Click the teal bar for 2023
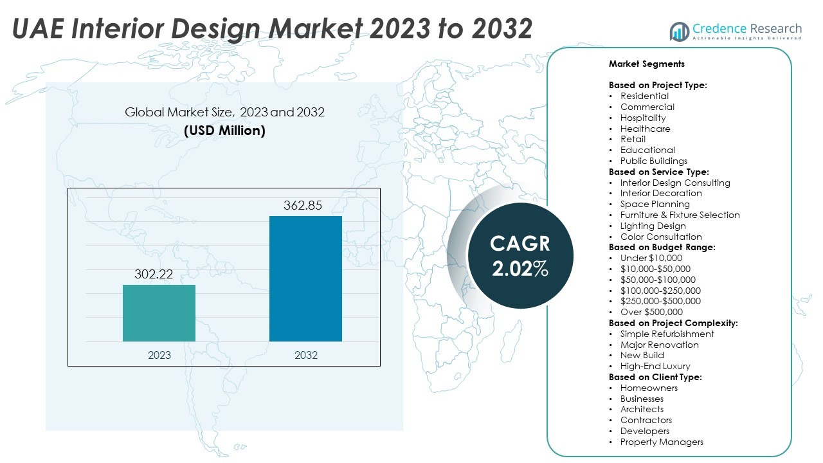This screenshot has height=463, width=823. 159,313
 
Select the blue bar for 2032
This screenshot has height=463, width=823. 305,278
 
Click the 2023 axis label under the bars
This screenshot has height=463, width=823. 159,355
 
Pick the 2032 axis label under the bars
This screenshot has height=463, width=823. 305,355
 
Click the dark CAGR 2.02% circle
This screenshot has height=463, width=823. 520,255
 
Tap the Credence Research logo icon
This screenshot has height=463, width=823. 680,30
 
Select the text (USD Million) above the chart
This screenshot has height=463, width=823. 224,131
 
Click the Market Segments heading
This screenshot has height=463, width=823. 646,64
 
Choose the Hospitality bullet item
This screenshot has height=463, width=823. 643,118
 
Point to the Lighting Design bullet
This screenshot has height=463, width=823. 653,226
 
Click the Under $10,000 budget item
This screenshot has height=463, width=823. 651,258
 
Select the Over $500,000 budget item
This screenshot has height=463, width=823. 651,312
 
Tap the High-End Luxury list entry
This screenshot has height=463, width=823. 655,366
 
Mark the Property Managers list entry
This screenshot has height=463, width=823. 662,442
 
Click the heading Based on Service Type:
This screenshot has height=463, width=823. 658,172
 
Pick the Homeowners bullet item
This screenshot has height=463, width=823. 649,388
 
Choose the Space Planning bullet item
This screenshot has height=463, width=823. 655,204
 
